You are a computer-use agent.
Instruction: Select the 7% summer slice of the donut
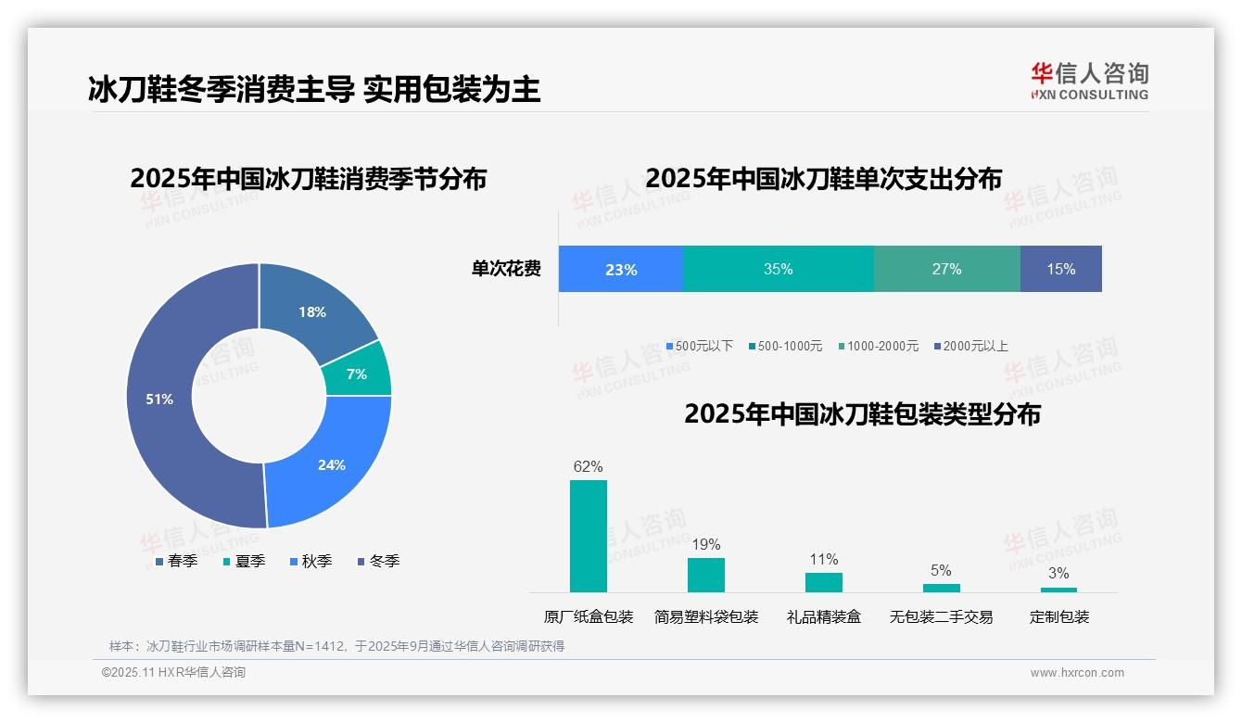point(357,374)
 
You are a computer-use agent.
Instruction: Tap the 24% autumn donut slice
point(331,464)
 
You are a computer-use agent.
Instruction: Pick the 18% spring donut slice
point(312,312)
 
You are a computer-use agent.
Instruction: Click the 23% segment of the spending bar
point(621,269)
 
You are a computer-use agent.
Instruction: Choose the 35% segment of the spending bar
point(779,269)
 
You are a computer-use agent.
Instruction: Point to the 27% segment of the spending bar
point(946,269)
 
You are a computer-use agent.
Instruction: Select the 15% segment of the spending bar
point(1061,269)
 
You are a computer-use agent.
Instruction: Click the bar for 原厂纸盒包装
point(589,536)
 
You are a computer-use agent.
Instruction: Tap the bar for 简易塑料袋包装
point(706,575)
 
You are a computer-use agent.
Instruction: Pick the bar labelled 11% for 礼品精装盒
point(824,582)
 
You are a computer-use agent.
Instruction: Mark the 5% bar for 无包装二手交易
point(942,588)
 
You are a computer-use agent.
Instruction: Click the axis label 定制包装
point(1059,616)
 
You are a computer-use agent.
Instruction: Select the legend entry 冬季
point(379,561)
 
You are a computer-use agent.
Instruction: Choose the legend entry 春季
point(176,561)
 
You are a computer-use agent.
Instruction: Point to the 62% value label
point(589,466)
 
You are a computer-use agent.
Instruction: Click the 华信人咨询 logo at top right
point(1089,82)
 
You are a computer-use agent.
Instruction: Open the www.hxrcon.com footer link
point(1077,672)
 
